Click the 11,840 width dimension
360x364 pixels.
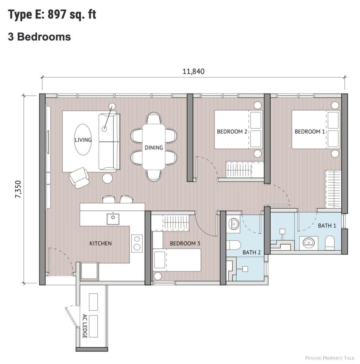point(194,71)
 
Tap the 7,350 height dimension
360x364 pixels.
point(18,189)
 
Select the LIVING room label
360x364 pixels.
point(83,140)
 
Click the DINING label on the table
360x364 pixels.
point(154,148)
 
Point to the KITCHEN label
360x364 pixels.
point(101,243)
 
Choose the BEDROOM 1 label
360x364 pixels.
point(309,132)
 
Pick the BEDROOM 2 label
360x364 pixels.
point(232,132)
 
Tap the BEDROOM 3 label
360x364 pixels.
point(185,243)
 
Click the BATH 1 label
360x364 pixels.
point(327,225)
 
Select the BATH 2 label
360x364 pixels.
point(252,252)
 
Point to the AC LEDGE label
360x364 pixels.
point(85,326)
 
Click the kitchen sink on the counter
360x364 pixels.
point(113,219)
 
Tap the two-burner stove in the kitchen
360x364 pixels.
point(137,243)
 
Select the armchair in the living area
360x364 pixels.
point(79,178)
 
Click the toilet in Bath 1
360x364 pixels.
point(329,243)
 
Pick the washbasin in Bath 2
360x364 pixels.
point(234,224)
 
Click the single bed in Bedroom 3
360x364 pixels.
point(177,260)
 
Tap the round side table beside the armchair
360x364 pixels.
point(107,178)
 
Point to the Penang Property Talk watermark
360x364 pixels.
point(330,358)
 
